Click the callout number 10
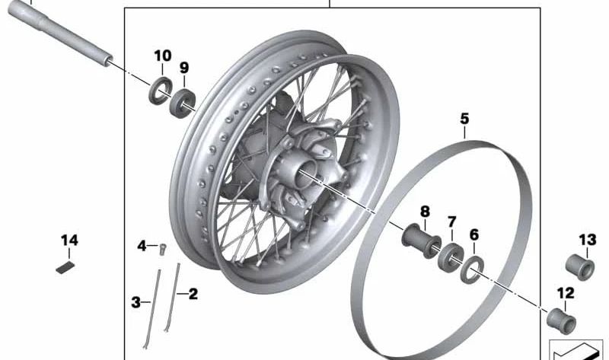(x=163, y=56)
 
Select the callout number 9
(x=183, y=68)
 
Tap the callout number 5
(x=464, y=119)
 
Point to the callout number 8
(x=425, y=211)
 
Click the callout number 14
(x=69, y=241)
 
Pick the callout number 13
(x=587, y=241)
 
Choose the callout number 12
(x=565, y=293)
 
